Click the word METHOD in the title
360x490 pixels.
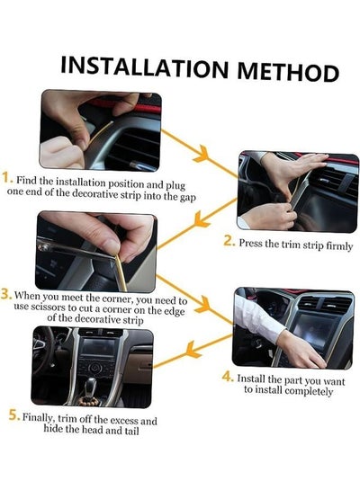[x=288, y=72]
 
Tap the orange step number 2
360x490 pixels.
[x=229, y=241]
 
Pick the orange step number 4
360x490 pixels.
[x=228, y=376]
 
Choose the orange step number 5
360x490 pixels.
[x=14, y=414]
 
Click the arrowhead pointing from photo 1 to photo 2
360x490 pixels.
[x=202, y=154]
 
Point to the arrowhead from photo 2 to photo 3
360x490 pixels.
[x=200, y=218]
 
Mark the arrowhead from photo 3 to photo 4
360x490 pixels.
[x=203, y=304]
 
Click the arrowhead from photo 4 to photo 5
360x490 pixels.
[x=193, y=350]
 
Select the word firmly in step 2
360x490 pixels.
[x=339, y=246]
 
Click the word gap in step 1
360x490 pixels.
[x=188, y=198]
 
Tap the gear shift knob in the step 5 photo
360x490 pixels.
[x=91, y=384]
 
